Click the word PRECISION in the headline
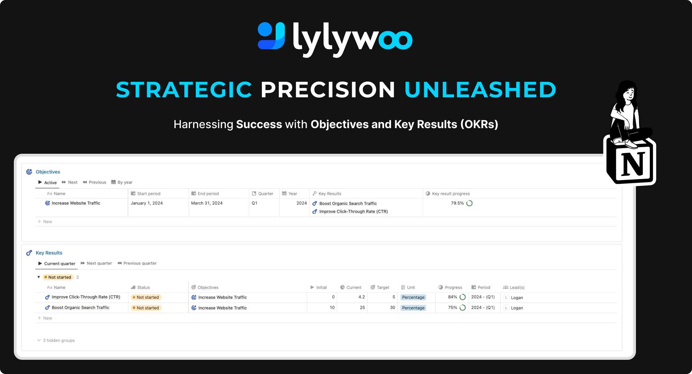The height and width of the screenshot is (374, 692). coord(328,90)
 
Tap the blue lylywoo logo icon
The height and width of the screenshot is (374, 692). coord(272,36)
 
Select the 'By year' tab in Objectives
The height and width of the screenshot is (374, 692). coord(122,182)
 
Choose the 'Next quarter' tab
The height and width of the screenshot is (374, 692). coord(96,263)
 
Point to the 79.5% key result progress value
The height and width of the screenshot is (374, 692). coord(457,203)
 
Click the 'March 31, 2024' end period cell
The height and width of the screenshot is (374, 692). coord(207,203)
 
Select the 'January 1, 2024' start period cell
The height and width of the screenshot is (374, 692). coord(147,203)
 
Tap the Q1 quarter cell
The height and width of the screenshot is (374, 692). coord(254,203)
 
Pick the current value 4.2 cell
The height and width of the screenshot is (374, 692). coord(362,297)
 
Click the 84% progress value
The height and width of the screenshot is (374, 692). coord(453,297)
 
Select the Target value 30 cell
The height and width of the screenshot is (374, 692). coord(392,308)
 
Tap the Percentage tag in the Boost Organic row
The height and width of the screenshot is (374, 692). coord(413,308)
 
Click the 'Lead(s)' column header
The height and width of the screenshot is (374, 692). coord(514,287)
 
